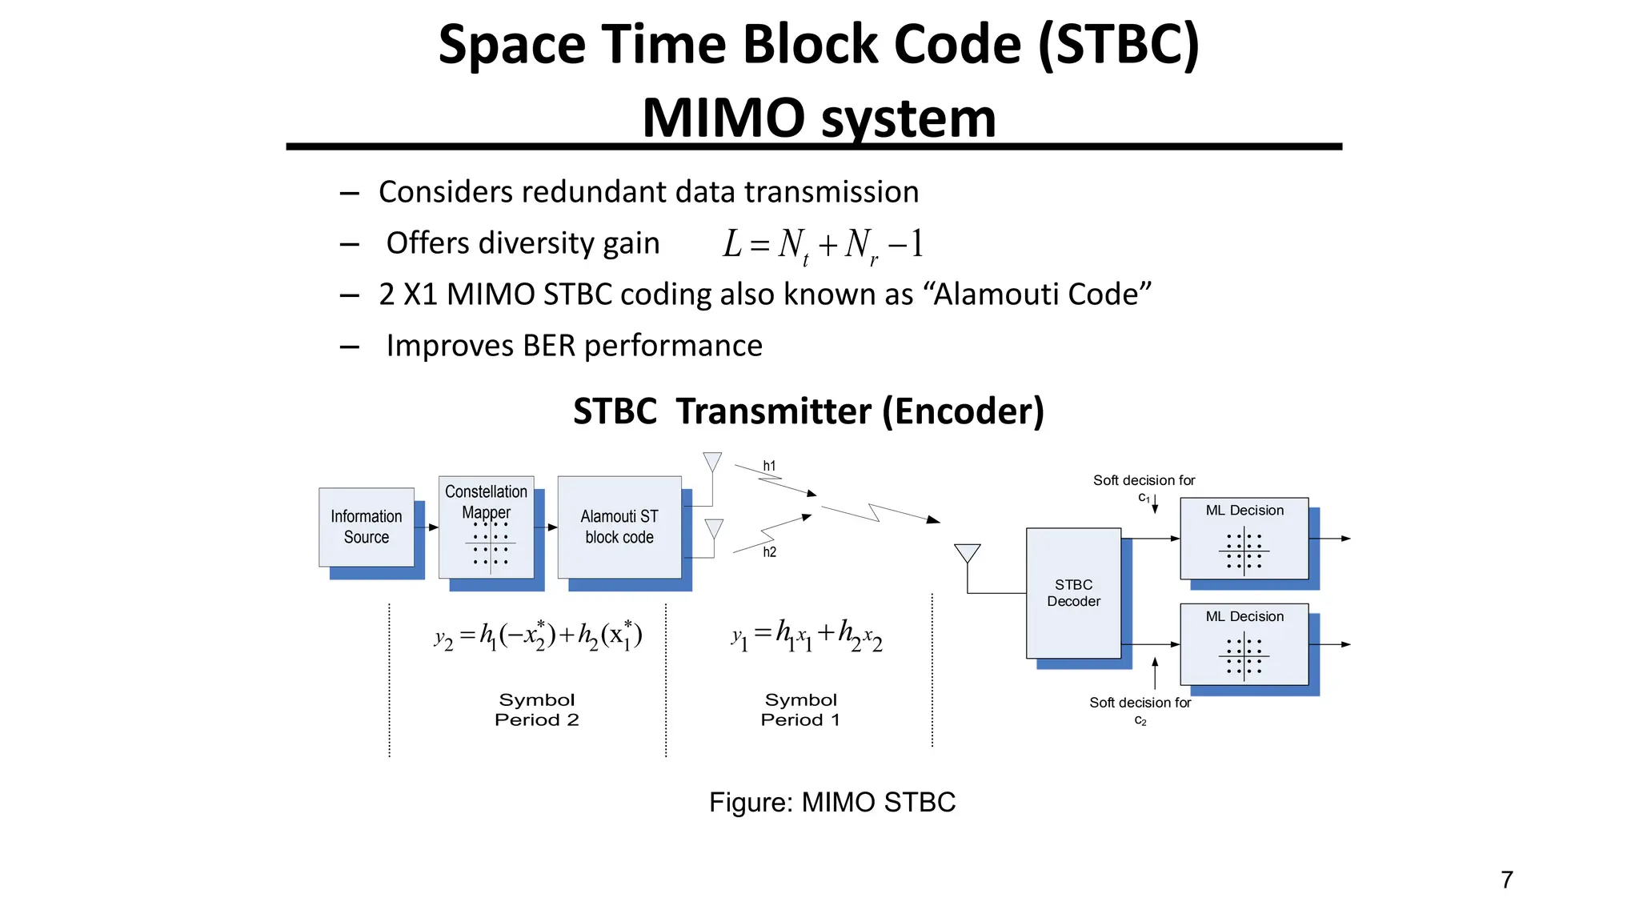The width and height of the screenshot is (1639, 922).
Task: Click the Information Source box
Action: (x=367, y=527)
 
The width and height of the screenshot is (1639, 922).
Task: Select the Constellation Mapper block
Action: (x=486, y=527)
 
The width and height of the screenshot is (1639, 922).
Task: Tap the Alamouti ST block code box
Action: (x=619, y=527)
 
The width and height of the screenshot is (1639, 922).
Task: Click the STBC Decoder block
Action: (x=1073, y=593)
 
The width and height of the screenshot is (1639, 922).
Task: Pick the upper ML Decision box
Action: (x=1244, y=539)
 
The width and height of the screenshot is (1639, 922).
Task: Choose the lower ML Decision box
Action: (x=1244, y=644)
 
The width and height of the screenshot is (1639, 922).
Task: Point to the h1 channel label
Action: (x=769, y=466)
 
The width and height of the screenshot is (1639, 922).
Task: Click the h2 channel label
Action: (x=769, y=552)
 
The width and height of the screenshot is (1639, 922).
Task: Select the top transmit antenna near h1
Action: (x=712, y=463)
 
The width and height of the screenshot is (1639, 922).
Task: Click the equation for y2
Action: (x=538, y=635)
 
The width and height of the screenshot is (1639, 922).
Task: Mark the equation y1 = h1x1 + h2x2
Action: (x=807, y=635)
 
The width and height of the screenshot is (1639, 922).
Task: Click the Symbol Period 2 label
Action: (x=537, y=710)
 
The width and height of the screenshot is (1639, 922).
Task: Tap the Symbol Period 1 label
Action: (x=800, y=710)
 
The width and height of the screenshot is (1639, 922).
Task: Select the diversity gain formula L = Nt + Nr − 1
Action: (x=824, y=244)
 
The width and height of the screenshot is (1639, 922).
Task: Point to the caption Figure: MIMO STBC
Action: (x=832, y=802)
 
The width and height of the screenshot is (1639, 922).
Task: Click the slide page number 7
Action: (x=1507, y=880)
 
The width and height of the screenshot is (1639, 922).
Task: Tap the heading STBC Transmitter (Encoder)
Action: (x=808, y=411)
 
